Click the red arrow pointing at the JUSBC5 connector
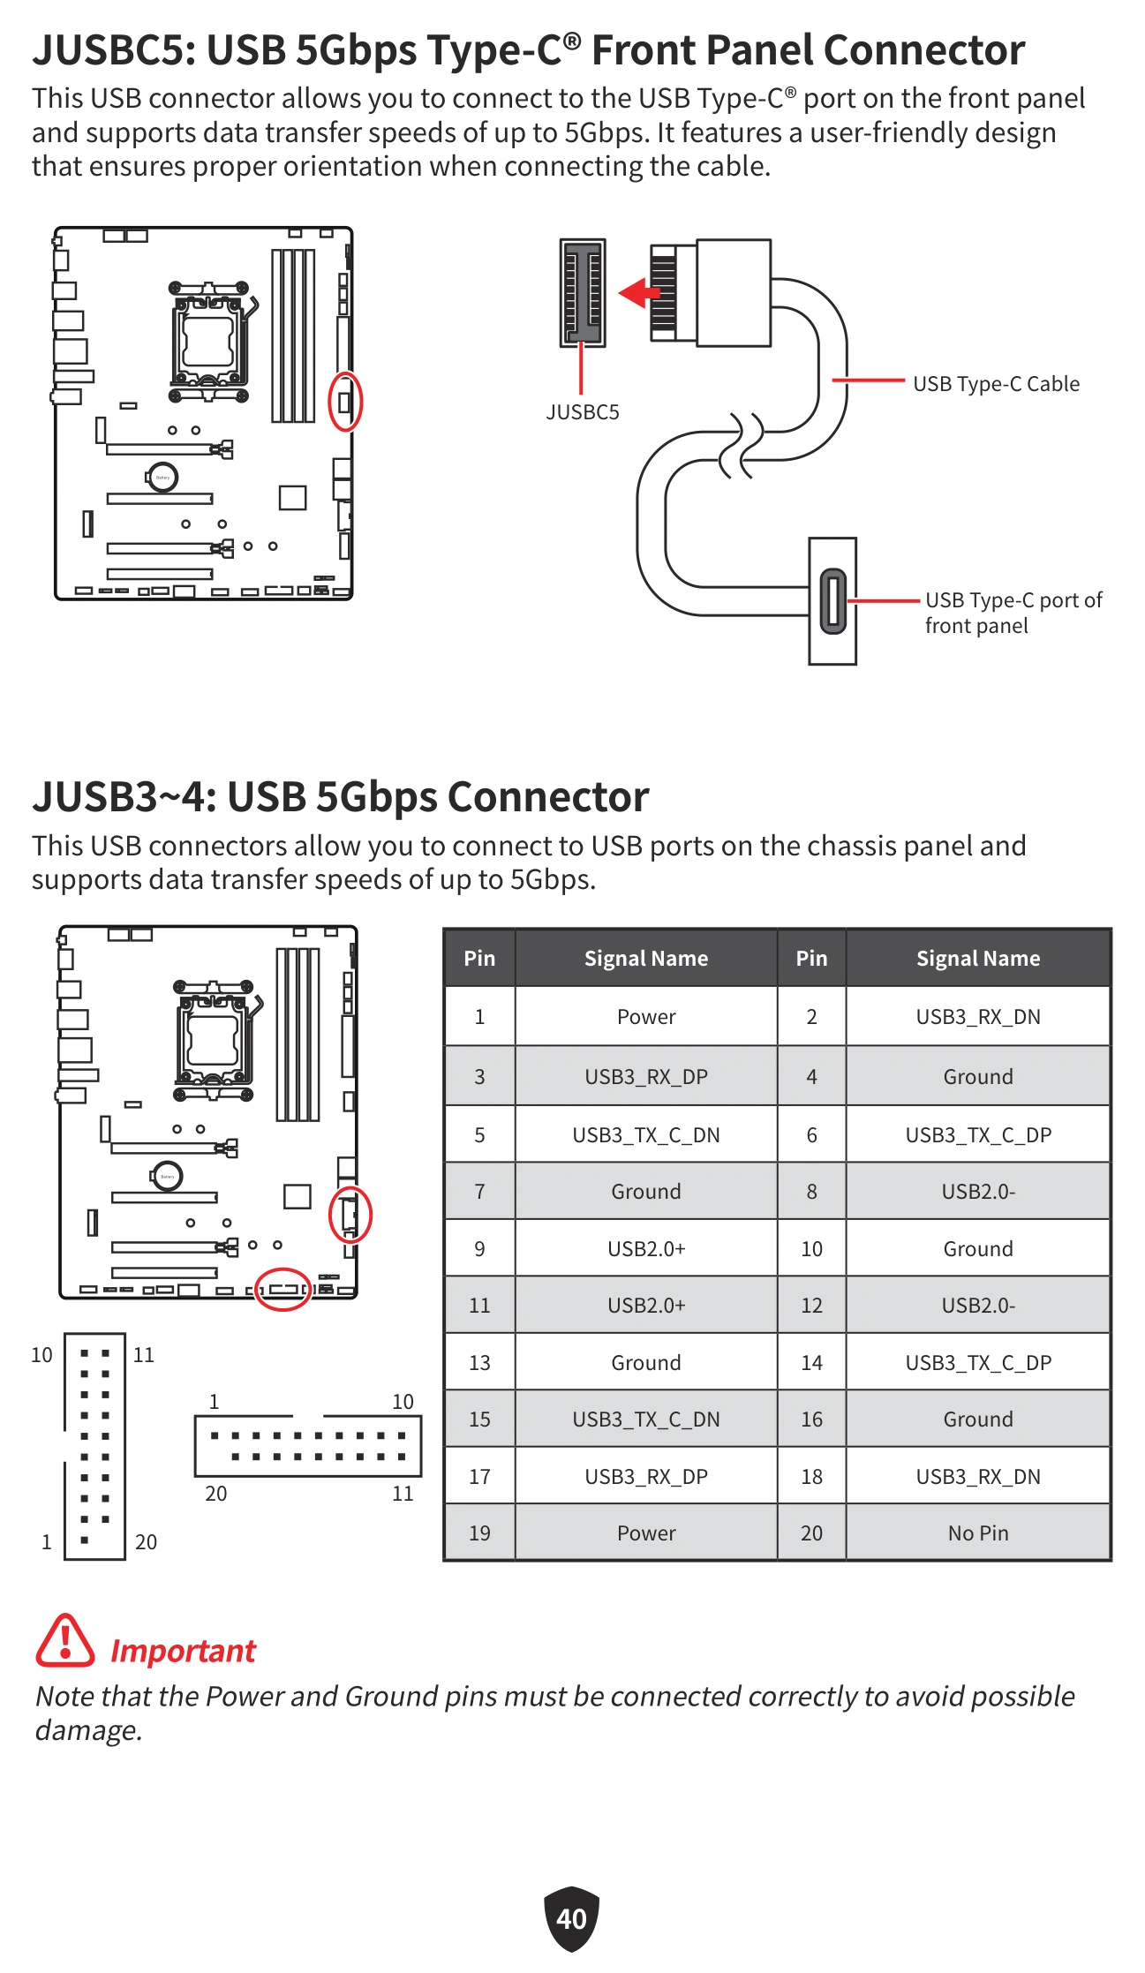pyautogui.click(x=639, y=291)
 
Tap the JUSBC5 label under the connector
pyautogui.click(x=583, y=412)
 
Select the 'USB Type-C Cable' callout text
pyautogui.click(x=996, y=384)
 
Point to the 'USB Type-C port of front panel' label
pyautogui.click(x=1013, y=613)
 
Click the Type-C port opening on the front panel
pyautogui.click(x=832, y=601)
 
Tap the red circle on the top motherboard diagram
pyautogui.click(x=345, y=402)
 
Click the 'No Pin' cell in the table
pyautogui.click(x=978, y=1533)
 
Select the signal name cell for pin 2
pyautogui.click(x=978, y=1017)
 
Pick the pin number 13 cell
pyautogui.click(x=479, y=1362)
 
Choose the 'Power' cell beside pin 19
pyautogui.click(x=646, y=1533)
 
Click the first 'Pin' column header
pyautogui.click(x=479, y=958)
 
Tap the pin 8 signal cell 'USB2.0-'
pyautogui.click(x=978, y=1192)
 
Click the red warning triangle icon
pyautogui.click(x=64, y=1641)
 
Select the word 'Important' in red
pyautogui.click(x=183, y=1651)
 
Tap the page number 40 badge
pyautogui.click(x=571, y=1918)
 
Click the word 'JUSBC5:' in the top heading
pyautogui.click(x=113, y=50)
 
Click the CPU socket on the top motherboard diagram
pyautogui.click(x=208, y=341)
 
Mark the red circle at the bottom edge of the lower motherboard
pyautogui.click(x=282, y=1290)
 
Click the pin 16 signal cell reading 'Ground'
pyautogui.click(x=978, y=1420)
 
